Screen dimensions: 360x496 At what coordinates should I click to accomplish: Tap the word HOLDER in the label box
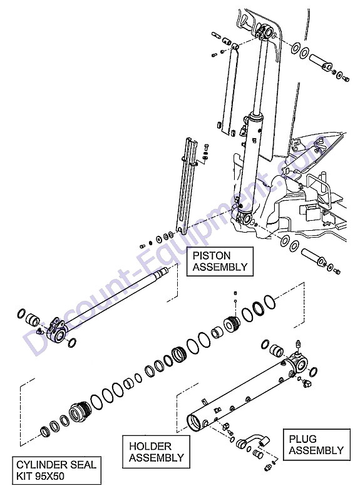click(x=150, y=447)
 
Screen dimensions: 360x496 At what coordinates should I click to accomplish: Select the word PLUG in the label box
click(x=302, y=439)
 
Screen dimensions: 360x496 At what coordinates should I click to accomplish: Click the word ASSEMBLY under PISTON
click(x=220, y=267)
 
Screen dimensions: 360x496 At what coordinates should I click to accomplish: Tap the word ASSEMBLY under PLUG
click(x=316, y=450)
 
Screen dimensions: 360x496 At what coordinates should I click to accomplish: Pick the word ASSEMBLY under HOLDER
click(x=157, y=458)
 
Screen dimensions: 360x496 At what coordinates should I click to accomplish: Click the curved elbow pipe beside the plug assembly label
click(x=255, y=440)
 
